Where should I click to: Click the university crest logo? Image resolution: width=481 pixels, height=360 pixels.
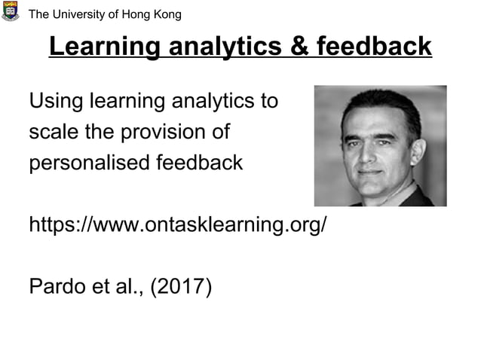click(x=10, y=12)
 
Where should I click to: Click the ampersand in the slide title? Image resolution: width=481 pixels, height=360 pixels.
click(x=296, y=47)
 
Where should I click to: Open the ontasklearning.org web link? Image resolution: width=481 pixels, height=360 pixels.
click(x=178, y=224)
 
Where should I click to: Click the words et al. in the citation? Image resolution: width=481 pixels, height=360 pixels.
click(x=119, y=286)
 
